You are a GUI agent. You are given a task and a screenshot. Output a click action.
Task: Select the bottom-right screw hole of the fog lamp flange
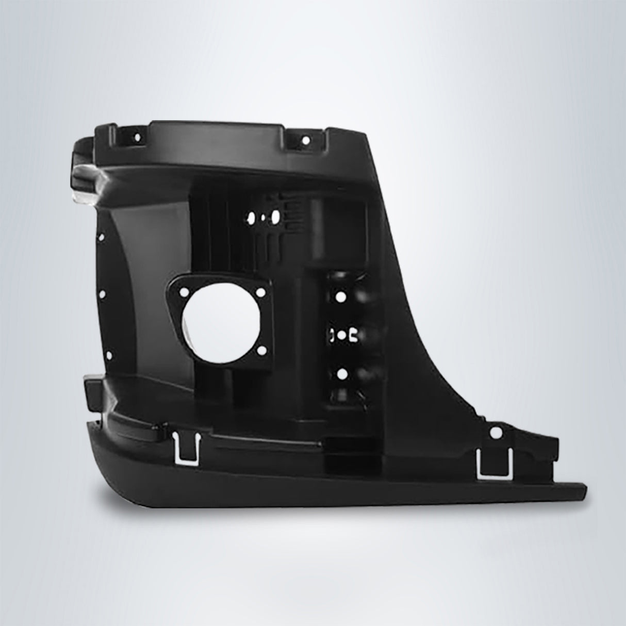point(263,351)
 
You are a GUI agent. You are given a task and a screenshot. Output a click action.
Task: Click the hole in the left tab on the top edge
point(137,138)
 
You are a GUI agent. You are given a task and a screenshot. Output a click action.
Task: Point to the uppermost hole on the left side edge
point(101,238)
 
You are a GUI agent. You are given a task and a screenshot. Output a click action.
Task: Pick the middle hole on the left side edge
point(102,294)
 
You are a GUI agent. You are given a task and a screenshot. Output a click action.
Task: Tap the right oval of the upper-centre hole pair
point(275,217)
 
